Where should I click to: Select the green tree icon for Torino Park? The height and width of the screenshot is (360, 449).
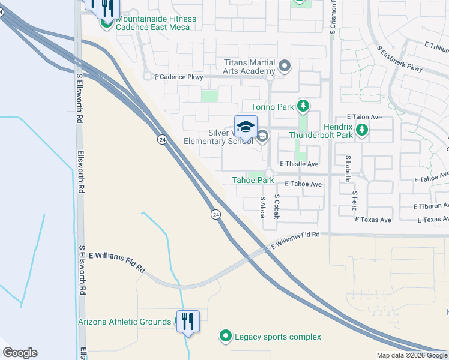303,107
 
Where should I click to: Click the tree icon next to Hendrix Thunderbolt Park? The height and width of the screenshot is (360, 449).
361,130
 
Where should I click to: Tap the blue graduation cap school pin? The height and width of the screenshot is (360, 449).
246,127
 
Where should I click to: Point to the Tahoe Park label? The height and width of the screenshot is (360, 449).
253,180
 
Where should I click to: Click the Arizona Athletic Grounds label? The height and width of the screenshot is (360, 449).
124,322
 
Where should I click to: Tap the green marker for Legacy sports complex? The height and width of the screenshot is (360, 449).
226,337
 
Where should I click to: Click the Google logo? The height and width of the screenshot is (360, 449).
20,353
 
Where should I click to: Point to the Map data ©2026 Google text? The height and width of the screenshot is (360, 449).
412,355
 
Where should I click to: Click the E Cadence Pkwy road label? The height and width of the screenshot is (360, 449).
179,77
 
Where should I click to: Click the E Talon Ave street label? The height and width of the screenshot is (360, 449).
364,118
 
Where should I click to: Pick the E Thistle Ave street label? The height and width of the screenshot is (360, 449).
298,164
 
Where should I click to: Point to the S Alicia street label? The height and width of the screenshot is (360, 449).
263,206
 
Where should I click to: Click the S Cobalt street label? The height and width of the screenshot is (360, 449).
277,206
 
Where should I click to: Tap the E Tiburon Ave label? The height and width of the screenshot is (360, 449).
431,206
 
